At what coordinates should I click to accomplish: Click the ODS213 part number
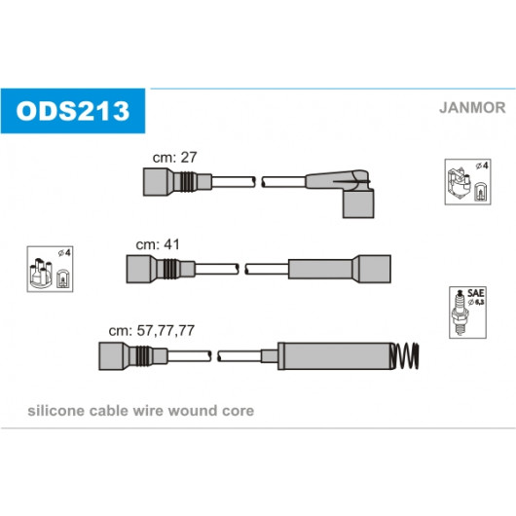tap(73, 111)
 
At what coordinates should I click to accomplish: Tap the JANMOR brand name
tap(472, 108)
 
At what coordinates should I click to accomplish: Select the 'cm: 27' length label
tap(174, 158)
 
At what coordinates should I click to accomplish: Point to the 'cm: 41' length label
tap(158, 244)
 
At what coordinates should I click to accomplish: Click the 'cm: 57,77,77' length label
tap(151, 330)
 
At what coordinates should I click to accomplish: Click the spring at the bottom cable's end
tap(405, 355)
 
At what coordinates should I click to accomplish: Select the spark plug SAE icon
tap(467, 313)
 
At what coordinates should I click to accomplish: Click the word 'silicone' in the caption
tap(56, 411)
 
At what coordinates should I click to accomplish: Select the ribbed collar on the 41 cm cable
tap(171, 269)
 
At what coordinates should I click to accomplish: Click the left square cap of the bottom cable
tap(111, 356)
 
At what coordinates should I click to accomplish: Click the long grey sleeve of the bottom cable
tap(336, 356)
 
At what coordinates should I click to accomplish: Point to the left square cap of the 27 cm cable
tap(156, 182)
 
